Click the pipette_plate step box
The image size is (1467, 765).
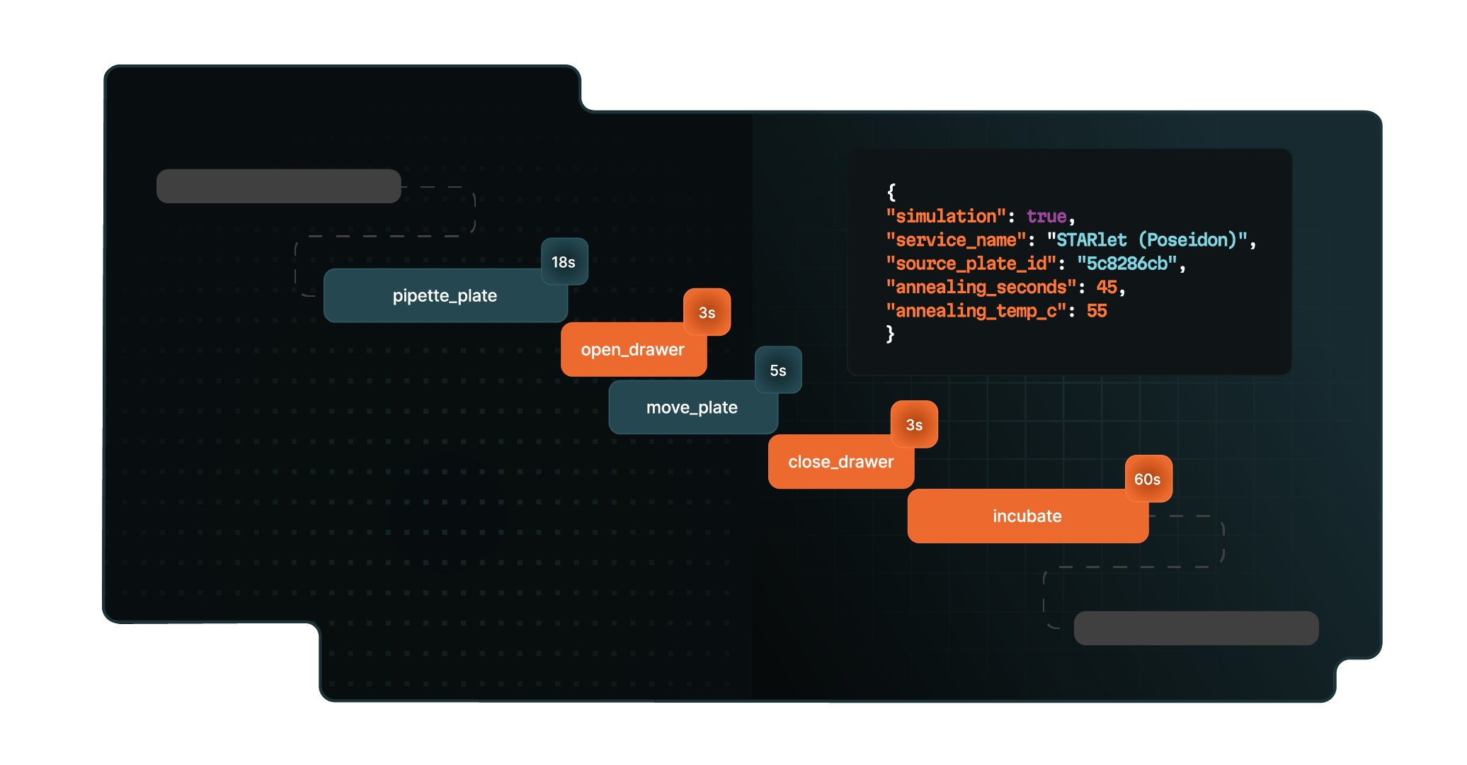coord(445,296)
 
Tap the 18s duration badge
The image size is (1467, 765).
coord(564,262)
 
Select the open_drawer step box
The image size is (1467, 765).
coord(632,350)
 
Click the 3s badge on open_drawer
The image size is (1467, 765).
coord(707,312)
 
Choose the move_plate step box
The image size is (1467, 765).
coord(692,408)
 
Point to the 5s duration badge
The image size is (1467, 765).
coord(777,370)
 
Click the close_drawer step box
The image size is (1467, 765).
coord(840,462)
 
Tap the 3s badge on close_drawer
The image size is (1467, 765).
coord(914,425)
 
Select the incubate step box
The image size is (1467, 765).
coord(1027,516)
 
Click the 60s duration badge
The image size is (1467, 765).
coord(1147,480)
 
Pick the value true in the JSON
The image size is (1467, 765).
coord(1046,217)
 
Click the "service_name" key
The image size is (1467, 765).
coord(956,241)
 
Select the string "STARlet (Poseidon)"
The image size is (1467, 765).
coord(1147,241)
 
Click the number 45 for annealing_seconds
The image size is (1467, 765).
coord(1107,288)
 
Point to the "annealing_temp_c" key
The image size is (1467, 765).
coord(976,311)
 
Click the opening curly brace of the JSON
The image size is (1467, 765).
coord(891,192)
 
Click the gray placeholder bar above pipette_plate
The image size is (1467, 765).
coord(278,186)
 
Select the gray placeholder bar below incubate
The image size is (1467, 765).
coord(1196,628)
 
